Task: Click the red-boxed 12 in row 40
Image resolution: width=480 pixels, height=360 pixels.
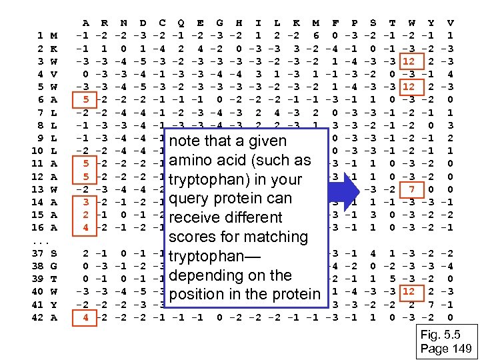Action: point(409,291)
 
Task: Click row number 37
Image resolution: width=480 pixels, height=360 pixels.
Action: point(37,253)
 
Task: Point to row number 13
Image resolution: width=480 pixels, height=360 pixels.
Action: point(37,189)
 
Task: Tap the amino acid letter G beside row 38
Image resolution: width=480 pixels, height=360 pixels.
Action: point(53,266)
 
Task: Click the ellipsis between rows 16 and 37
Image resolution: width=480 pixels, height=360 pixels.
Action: point(39,240)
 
